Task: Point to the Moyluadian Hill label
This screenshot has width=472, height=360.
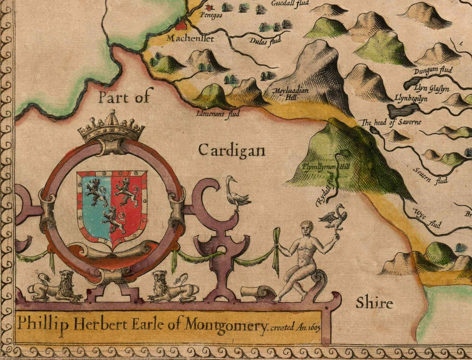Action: [x=286, y=93]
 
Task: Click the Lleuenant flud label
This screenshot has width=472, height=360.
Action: [x=213, y=112]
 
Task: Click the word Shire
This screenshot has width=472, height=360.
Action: [x=374, y=303]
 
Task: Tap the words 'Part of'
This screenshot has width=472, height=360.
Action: [x=124, y=97]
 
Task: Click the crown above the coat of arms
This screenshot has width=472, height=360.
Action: [x=111, y=127]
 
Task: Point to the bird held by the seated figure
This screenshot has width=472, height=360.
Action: [x=334, y=216]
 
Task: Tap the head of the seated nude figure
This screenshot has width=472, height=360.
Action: [x=307, y=228]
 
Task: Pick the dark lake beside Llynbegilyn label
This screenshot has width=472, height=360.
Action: [x=403, y=110]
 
